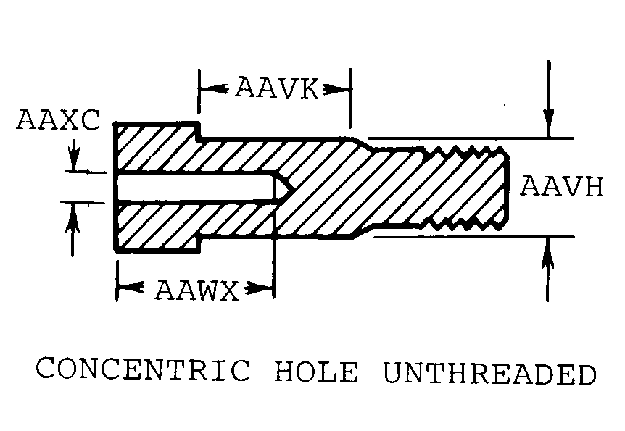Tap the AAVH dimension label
(x=562, y=188)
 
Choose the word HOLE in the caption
(x=317, y=372)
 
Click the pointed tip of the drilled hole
(x=289, y=188)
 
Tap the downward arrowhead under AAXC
(x=73, y=164)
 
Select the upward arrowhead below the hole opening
(x=73, y=212)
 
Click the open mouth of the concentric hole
(x=117, y=188)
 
